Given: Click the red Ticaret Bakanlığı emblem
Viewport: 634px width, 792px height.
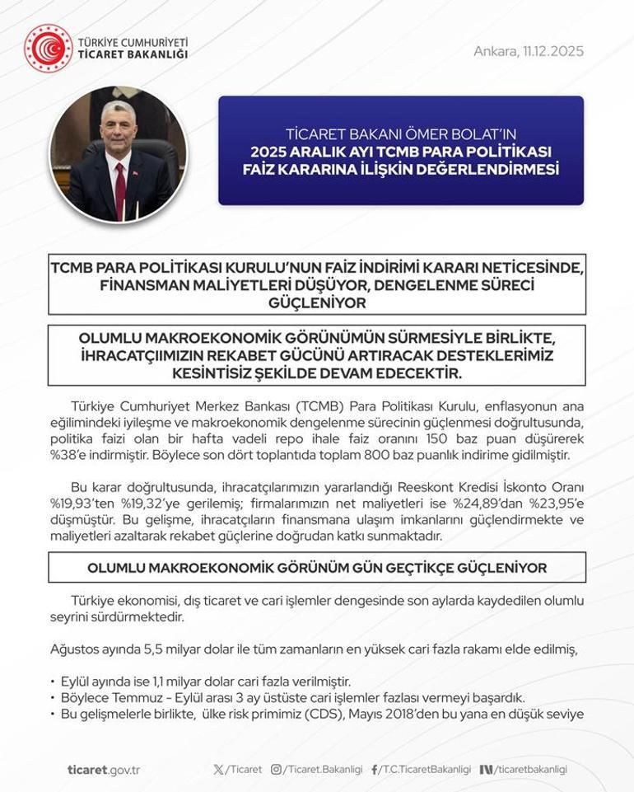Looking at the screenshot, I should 48,48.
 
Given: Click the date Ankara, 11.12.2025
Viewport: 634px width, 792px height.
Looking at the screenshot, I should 528,51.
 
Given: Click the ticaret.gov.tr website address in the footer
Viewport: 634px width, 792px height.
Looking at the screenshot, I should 104,769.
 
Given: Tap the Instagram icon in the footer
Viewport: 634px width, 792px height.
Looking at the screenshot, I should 277,769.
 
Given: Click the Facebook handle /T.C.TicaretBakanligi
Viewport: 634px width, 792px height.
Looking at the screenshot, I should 425,769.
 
